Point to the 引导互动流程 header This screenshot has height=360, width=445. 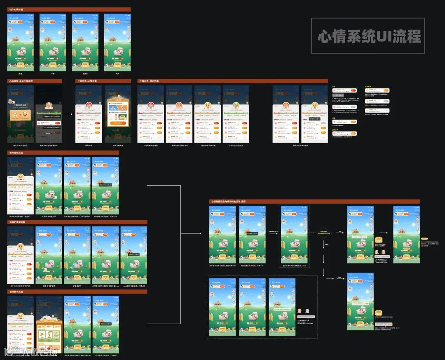(16, 153)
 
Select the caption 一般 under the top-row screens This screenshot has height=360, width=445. (53, 73)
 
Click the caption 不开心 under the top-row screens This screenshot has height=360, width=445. (85, 73)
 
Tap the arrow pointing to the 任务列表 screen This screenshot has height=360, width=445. (69, 114)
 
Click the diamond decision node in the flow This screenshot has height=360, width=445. (323, 233)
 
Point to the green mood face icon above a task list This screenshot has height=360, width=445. (236, 105)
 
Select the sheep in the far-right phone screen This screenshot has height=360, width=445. (405, 243)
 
